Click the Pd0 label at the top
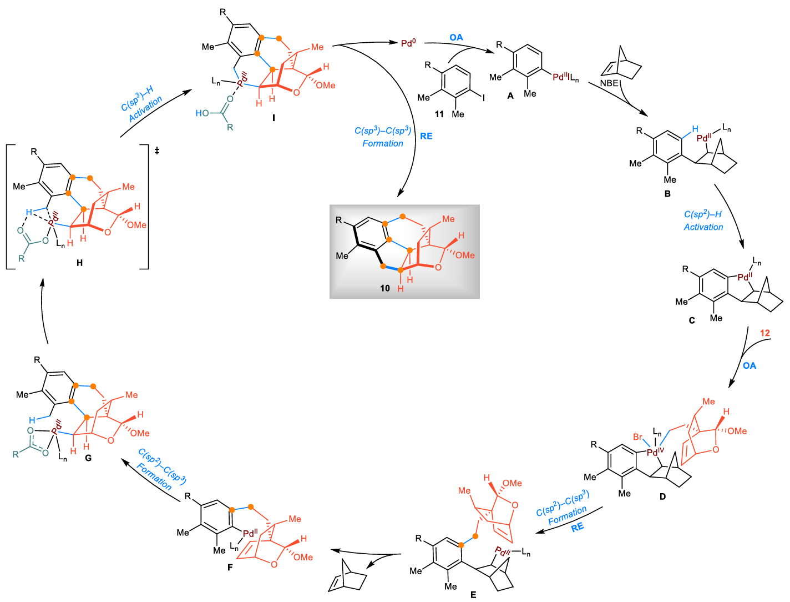tap(408, 43)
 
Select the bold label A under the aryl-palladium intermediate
tap(510, 96)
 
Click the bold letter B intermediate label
tap(667, 193)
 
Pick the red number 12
tap(765, 333)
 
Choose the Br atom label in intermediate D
tap(638, 437)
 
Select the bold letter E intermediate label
tap(473, 594)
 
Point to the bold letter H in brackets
tap(79, 263)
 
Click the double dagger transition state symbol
tap(157, 150)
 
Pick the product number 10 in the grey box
tap(385, 288)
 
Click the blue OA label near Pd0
tap(456, 37)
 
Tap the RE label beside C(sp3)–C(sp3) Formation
tap(426, 136)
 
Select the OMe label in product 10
tap(465, 255)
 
